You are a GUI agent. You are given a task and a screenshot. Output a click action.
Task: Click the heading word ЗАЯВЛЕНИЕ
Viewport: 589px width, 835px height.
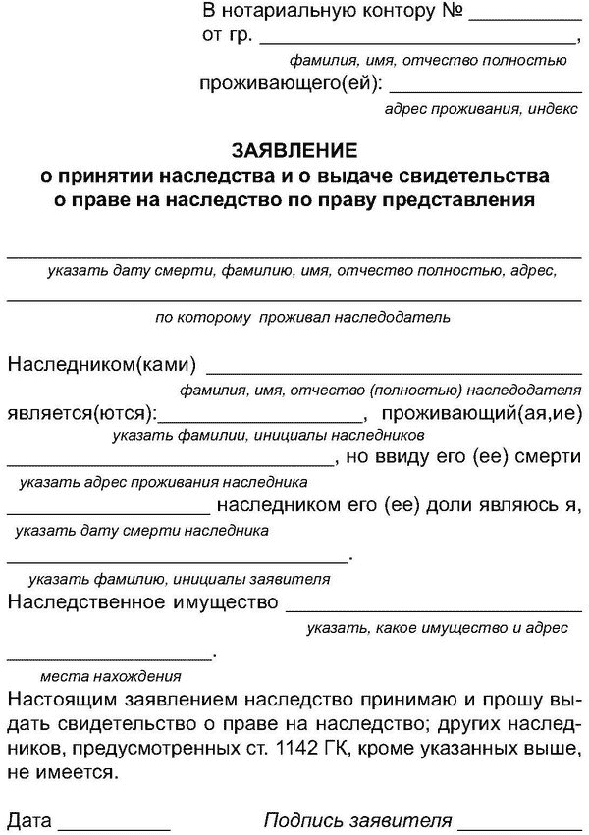[x=294, y=152]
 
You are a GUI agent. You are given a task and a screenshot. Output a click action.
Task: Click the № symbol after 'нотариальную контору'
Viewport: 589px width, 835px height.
[x=453, y=13]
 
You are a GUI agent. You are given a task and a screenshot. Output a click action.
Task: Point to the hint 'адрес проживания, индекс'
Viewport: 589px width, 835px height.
[x=476, y=110]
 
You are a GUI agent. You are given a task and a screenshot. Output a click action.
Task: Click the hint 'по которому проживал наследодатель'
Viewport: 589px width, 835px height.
[x=302, y=318]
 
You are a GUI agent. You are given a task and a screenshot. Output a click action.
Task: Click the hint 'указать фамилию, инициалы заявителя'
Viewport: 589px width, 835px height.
[x=179, y=579]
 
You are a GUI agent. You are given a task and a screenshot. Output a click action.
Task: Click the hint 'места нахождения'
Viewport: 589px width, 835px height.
[x=110, y=677]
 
